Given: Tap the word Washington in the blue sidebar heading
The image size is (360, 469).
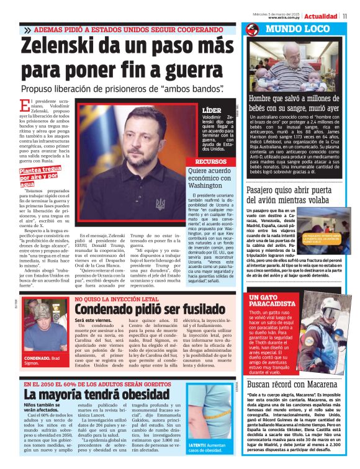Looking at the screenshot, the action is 209,185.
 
